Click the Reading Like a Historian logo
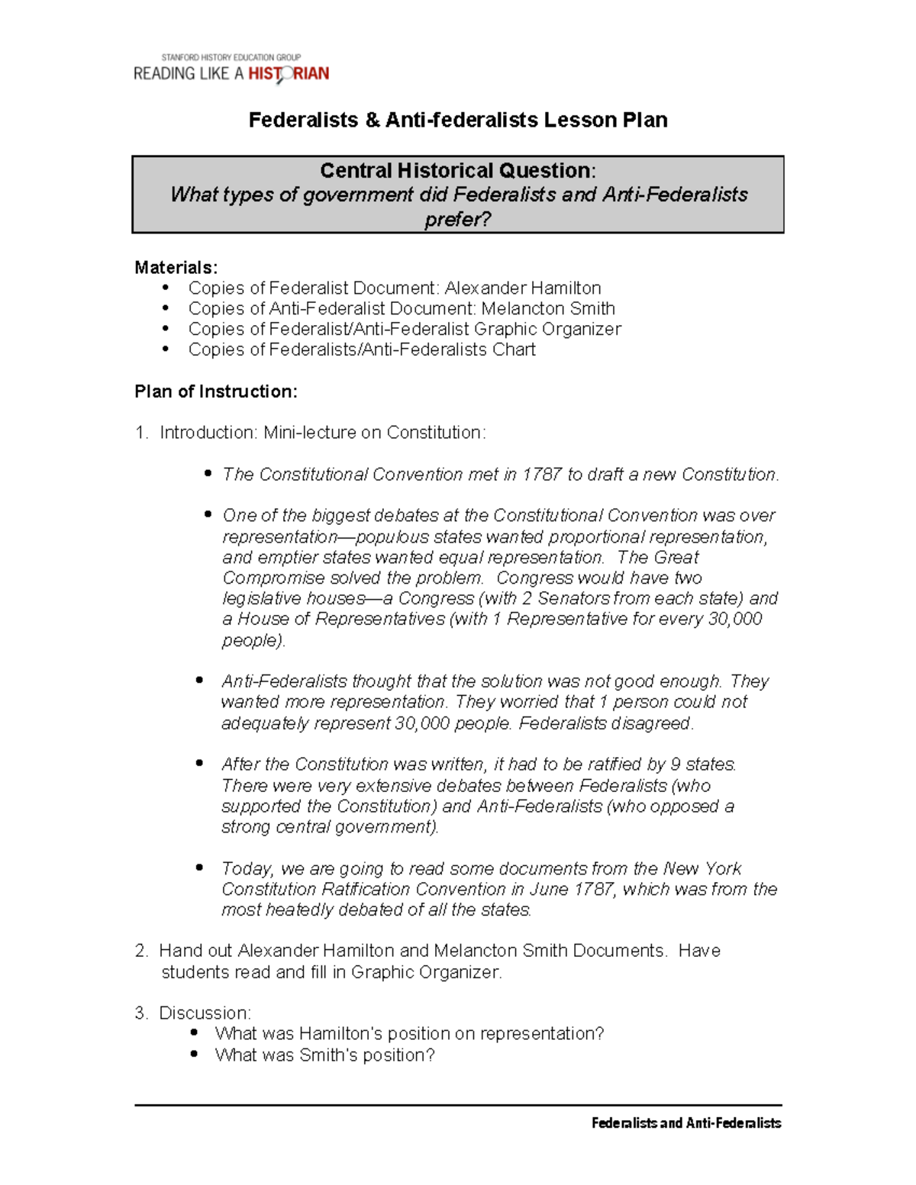click(x=231, y=69)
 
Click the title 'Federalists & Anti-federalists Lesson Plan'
click(x=458, y=120)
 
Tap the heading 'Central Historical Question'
click(x=456, y=170)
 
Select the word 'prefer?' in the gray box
click(x=458, y=220)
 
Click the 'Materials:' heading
click(x=176, y=267)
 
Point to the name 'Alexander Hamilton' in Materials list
click(x=523, y=288)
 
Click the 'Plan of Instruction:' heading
click(x=215, y=391)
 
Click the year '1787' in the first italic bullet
click(x=541, y=475)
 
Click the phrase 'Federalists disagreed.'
click(x=606, y=723)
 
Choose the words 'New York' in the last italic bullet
click(x=702, y=869)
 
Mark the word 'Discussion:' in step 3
click(x=205, y=1013)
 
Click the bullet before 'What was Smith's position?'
click(x=195, y=1055)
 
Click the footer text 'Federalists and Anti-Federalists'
click(x=685, y=1123)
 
